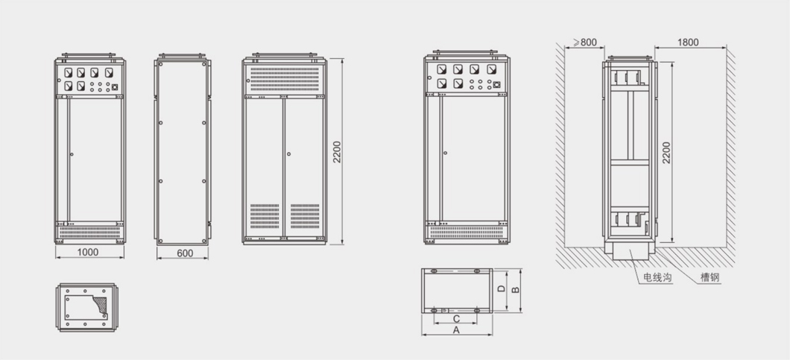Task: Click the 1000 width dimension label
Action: [88, 252]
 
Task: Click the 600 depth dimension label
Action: [185, 253]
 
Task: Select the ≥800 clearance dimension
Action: [584, 42]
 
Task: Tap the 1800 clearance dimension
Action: [688, 42]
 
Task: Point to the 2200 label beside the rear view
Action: [337, 152]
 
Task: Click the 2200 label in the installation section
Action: [666, 152]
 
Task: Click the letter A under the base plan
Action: [457, 329]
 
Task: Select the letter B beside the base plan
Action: [515, 290]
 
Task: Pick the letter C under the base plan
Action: [456, 319]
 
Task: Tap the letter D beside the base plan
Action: [501, 289]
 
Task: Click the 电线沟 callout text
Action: [657, 277]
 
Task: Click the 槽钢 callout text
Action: [710, 277]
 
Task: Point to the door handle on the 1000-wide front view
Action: [72, 154]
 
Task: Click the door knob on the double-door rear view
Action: [288, 154]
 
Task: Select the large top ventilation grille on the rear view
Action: [285, 79]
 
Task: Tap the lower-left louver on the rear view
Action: [265, 216]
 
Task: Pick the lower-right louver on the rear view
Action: [305, 216]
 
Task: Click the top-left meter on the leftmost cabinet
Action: [68, 72]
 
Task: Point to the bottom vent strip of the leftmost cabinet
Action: [89, 232]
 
